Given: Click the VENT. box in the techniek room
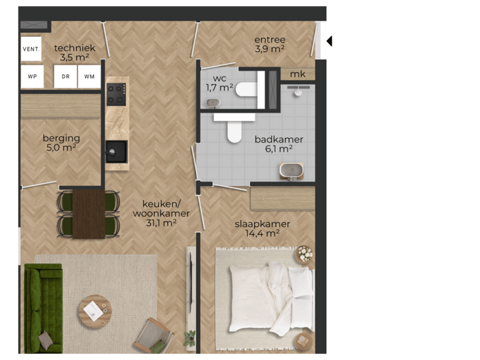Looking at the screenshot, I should click(31, 49).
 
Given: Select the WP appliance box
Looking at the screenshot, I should click(32, 76).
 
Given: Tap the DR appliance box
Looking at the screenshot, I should click(66, 76).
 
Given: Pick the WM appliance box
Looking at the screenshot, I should click(89, 76).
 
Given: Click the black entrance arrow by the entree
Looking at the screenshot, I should click(329, 41).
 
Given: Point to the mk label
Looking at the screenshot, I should click(298, 74).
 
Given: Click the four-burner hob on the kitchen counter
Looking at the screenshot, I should click(117, 93).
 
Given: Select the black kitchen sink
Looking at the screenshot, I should click(116, 151).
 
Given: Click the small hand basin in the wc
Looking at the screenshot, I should click(213, 103).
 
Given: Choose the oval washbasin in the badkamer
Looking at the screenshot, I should click(292, 171).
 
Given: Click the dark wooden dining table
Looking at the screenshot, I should click(88, 214).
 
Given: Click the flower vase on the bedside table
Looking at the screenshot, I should click(305, 254).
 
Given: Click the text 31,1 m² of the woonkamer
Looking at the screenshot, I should click(161, 223).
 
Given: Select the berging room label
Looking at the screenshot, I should click(61, 138).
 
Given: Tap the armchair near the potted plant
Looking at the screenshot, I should click(154, 335).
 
